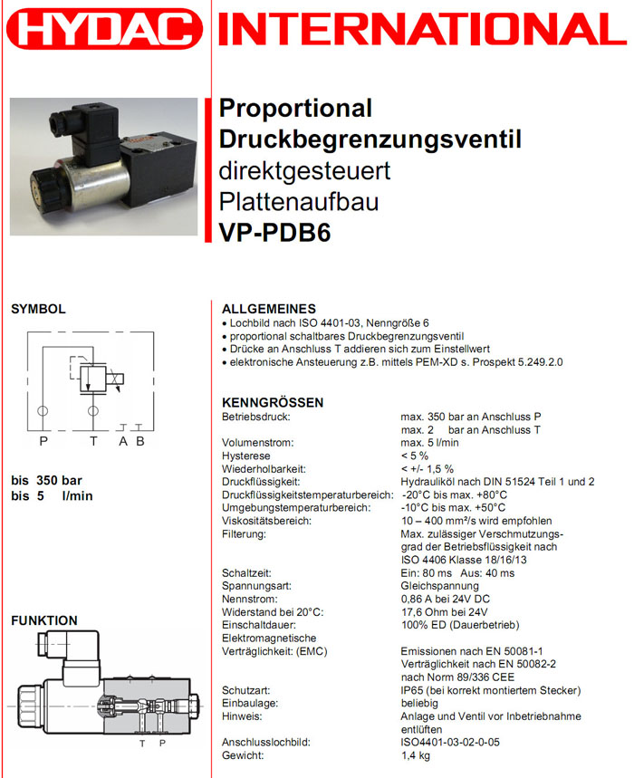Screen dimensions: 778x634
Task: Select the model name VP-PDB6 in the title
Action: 275,234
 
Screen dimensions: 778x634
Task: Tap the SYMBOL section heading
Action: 38,309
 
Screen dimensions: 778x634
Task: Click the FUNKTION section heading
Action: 44,620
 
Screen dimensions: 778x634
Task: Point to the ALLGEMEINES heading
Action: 269,309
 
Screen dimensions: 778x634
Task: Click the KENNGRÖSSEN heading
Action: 273,402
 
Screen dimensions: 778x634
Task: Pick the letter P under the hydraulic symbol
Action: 43,441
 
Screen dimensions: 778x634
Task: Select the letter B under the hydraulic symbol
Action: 139,441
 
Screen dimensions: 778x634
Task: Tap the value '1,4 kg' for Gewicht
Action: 417,754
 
